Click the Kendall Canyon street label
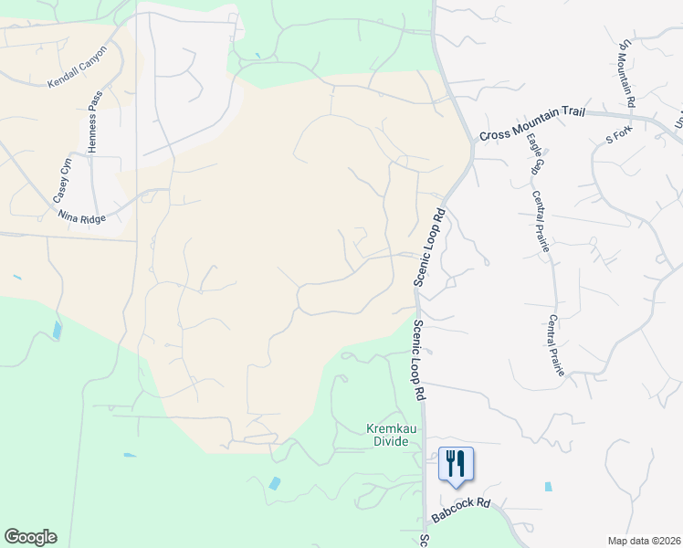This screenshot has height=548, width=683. click(x=79, y=67)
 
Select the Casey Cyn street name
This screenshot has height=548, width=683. click(x=62, y=181)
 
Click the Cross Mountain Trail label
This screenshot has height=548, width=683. click(x=531, y=134)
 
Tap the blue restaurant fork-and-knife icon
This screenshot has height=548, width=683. click(x=456, y=462)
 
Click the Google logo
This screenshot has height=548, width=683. click(x=30, y=537)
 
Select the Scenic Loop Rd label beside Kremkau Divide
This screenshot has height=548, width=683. click(x=418, y=361)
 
